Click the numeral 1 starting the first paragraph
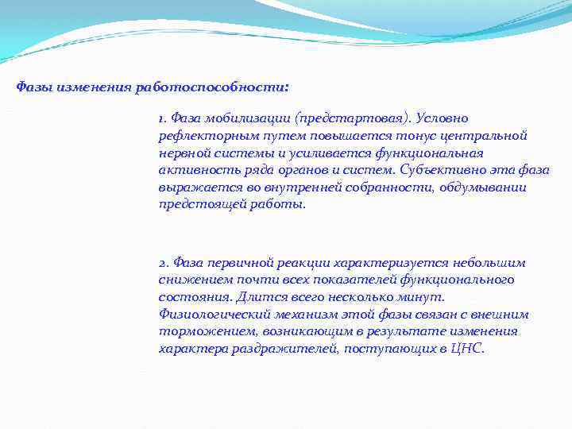coord(161,119)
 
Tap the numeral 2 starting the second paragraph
coord(162,263)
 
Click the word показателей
coord(353,280)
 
